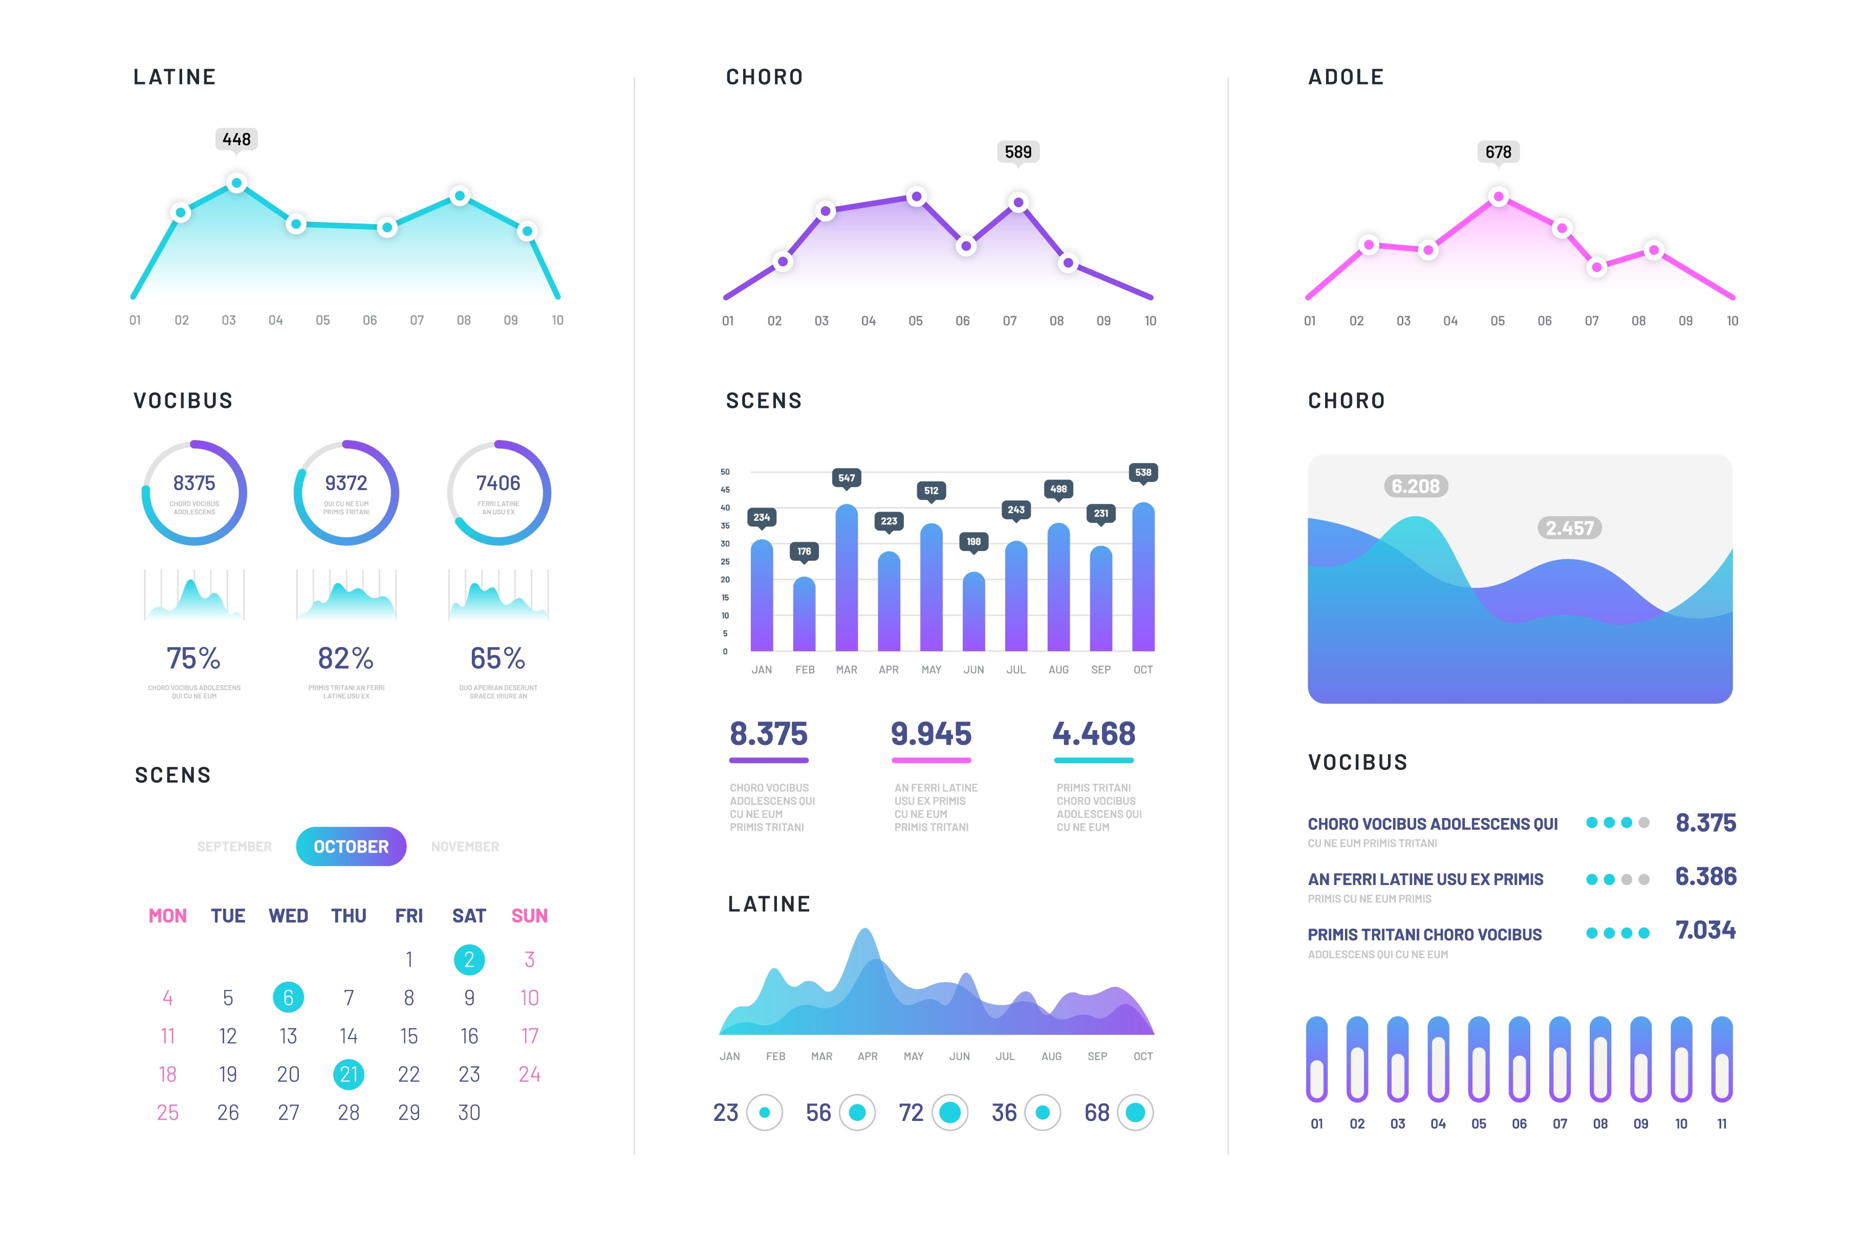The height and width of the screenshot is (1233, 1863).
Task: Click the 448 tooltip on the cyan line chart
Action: tap(236, 139)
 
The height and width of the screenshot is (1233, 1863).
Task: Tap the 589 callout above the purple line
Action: tap(1017, 152)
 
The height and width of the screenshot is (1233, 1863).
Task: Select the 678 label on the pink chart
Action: tap(1498, 152)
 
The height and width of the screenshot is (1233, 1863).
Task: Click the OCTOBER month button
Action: tap(351, 846)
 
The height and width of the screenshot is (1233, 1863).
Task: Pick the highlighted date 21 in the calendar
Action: tap(349, 1074)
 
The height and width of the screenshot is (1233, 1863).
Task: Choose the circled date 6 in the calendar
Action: tap(288, 997)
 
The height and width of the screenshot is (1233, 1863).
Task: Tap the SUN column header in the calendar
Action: tap(529, 915)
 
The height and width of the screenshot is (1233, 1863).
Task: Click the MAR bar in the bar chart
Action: tap(846, 578)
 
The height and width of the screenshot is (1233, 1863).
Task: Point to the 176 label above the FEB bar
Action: tap(804, 551)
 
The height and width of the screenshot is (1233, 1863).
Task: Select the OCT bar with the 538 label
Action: tap(1143, 578)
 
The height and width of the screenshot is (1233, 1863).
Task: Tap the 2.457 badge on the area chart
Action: tap(1569, 527)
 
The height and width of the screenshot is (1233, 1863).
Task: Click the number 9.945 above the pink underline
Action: tap(931, 734)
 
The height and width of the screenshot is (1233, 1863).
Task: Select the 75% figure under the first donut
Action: tap(193, 657)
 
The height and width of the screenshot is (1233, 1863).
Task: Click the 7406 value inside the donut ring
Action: tap(498, 483)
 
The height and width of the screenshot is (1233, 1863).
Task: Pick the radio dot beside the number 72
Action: tap(950, 1112)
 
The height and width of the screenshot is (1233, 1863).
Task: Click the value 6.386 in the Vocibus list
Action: tap(1705, 876)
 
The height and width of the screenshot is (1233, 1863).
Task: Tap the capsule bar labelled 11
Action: tap(1721, 1059)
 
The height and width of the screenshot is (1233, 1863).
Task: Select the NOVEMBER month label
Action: tap(465, 846)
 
